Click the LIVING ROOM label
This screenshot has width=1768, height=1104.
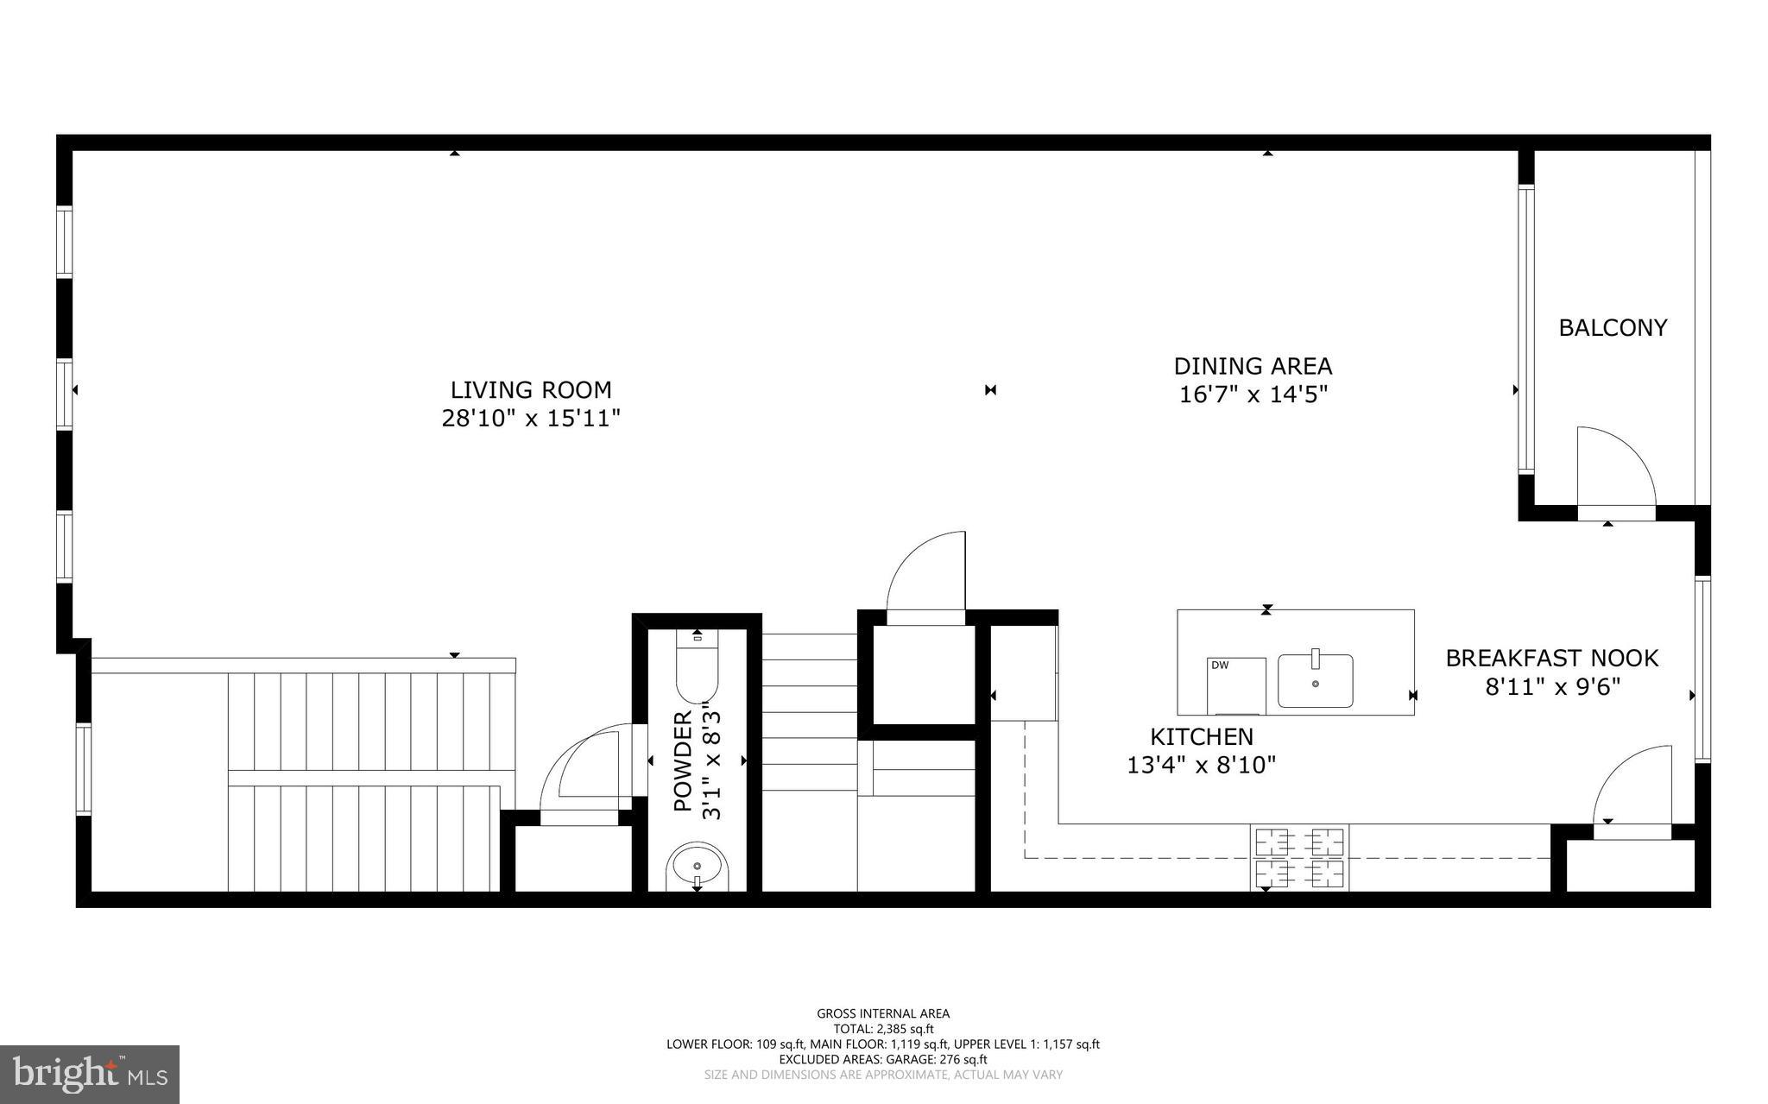[x=531, y=390]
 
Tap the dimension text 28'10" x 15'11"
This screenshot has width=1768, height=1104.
[x=531, y=419]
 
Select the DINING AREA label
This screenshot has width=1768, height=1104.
[x=1253, y=366]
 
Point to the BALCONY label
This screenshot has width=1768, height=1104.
[x=1613, y=328]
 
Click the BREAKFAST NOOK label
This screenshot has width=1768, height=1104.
[x=1551, y=659]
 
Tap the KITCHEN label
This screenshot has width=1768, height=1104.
[x=1201, y=737]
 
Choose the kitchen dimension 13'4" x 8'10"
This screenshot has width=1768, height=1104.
[x=1201, y=765]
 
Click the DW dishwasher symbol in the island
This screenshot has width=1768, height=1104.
[x=1235, y=685]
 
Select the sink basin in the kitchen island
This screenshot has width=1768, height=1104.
[x=1315, y=682]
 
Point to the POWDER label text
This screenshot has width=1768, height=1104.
[x=683, y=761]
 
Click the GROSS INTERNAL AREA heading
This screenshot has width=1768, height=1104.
[x=883, y=1013]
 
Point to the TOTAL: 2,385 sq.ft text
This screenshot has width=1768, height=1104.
[x=883, y=1029]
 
